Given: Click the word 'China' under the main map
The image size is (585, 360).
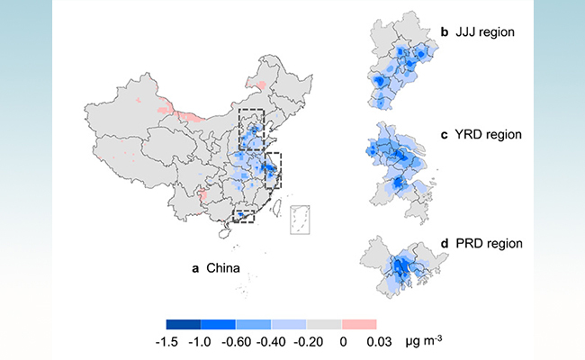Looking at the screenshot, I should (x=224, y=268).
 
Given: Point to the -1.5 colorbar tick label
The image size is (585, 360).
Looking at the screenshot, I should (x=166, y=342).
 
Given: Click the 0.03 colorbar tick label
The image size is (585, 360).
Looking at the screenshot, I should (x=376, y=342).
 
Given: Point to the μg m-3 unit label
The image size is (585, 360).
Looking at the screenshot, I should (x=423, y=341).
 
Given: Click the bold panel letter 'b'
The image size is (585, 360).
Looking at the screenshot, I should (x=445, y=33).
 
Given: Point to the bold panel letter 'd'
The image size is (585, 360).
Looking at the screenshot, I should (x=445, y=244).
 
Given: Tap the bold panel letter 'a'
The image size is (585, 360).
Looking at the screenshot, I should (x=195, y=268).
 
